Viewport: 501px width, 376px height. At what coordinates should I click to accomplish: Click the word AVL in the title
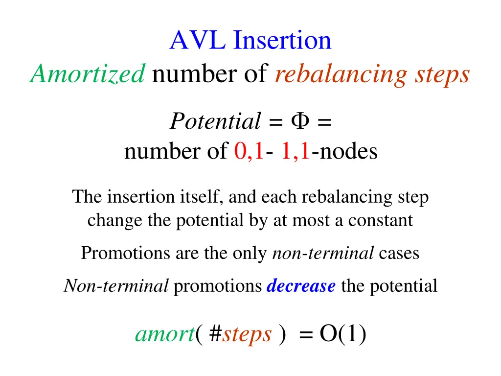[199, 40]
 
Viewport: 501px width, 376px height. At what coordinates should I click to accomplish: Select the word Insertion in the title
[282, 40]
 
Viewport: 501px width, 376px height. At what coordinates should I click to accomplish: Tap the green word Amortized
[88, 74]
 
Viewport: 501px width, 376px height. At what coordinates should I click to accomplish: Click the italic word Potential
[215, 121]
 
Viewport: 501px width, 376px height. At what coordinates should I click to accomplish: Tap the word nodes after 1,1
[348, 151]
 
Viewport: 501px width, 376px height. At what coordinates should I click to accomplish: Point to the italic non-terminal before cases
[323, 253]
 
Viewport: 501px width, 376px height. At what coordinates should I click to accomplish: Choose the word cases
[399, 253]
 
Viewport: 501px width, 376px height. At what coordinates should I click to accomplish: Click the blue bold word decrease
[301, 285]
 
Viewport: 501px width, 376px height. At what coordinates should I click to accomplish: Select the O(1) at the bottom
[342, 334]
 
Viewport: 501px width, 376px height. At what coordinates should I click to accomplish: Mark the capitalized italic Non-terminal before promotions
[116, 285]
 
